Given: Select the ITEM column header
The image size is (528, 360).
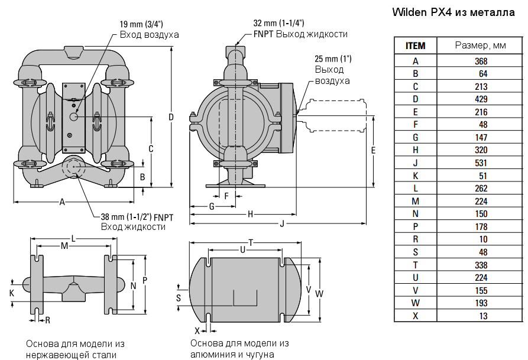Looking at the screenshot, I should coord(415,46).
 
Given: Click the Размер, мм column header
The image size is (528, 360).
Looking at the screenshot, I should coord(480,46).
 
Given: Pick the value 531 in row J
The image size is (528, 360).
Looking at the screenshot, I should coord(481,163).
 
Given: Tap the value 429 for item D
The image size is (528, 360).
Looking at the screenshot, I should coord(481,99).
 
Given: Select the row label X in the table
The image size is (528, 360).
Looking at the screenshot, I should coord(415,316).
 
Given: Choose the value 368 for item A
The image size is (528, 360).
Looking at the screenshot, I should coord(481,61).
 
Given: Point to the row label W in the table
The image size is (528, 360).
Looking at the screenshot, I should coord(415,303).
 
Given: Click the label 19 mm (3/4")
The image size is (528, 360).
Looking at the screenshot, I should coord(141,24).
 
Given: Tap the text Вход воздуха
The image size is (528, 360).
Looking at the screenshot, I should coord(149,35).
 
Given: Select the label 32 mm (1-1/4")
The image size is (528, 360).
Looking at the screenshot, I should coord(278,23).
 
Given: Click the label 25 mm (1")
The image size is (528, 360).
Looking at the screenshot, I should coord(333,59).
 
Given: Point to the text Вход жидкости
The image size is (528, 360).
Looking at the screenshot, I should coord(133,227).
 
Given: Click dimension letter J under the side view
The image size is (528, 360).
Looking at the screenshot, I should coord(282,223).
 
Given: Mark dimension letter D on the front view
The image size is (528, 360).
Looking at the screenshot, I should coord(171,117).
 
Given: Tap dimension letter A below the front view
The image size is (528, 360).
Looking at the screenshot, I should coord(62,202).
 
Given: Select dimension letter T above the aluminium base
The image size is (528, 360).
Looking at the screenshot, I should coord(251,242).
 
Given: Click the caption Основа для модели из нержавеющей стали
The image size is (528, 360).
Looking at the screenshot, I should coord(76,349).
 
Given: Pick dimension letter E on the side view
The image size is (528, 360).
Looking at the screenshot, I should coord(373,150).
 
